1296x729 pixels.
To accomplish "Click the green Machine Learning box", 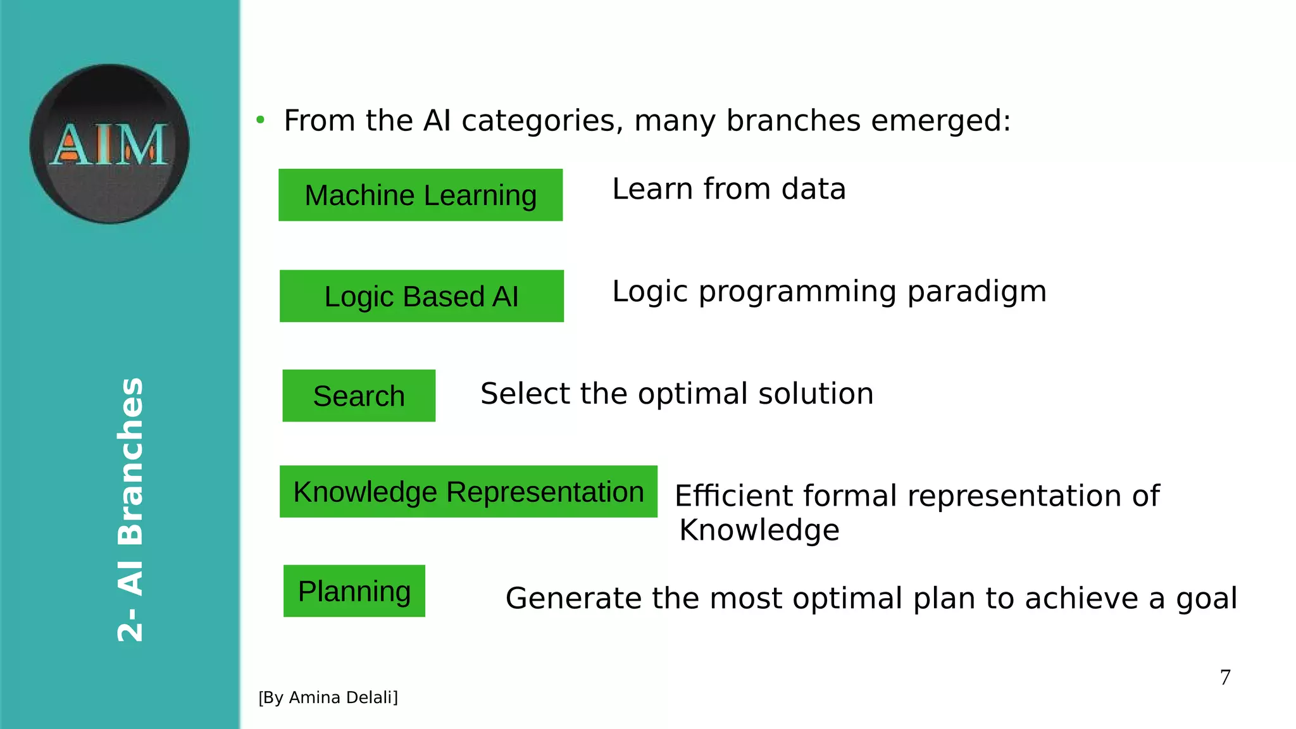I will click(x=420, y=195).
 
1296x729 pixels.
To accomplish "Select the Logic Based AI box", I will click(x=421, y=296).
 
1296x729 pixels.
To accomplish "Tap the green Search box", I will click(x=359, y=396).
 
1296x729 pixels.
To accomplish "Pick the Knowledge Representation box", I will click(x=468, y=492).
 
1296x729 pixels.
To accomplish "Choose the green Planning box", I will click(x=354, y=591).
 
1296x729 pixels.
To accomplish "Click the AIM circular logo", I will click(x=109, y=144).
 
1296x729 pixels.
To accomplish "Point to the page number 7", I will click(x=1225, y=678).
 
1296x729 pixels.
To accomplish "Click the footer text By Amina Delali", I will click(x=328, y=697).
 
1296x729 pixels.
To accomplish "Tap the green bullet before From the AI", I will click(x=260, y=120).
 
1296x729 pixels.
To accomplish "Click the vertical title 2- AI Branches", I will click(x=131, y=509).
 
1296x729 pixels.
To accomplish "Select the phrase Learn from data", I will click(x=728, y=189).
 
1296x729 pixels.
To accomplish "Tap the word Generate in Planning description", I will click(x=573, y=598).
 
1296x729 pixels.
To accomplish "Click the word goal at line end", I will click(x=1206, y=599).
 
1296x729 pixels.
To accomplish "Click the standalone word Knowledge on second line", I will click(x=759, y=530).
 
